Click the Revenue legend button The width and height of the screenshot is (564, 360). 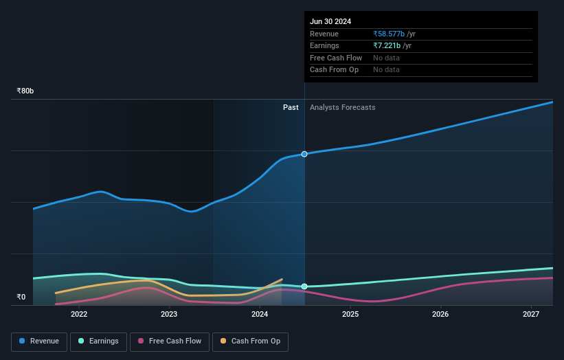pyautogui.click(x=39, y=341)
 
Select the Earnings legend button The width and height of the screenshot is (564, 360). pyautogui.click(x=98, y=341)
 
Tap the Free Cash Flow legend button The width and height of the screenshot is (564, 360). pyautogui.click(x=170, y=341)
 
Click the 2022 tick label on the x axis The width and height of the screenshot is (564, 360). pyautogui.click(x=79, y=315)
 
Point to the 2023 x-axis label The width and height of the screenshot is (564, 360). pyautogui.click(x=169, y=315)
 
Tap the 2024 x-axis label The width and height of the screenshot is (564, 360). pyautogui.click(x=260, y=315)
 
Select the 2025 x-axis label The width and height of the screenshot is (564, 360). pyautogui.click(x=350, y=315)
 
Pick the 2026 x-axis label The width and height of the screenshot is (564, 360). pyautogui.click(x=440, y=315)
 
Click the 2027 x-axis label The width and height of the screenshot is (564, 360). pyautogui.click(x=531, y=315)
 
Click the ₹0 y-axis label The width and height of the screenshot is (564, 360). pyautogui.click(x=21, y=297)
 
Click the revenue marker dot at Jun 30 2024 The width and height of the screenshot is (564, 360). pyautogui.click(x=304, y=154)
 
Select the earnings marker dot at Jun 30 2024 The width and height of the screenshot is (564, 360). pyautogui.click(x=304, y=286)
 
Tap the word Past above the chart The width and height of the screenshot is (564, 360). pyautogui.click(x=291, y=107)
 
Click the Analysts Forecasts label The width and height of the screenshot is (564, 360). pyautogui.click(x=343, y=107)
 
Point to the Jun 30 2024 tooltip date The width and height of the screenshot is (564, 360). pyautogui.click(x=330, y=21)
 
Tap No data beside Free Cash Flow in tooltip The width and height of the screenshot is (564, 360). pyautogui.click(x=386, y=58)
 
